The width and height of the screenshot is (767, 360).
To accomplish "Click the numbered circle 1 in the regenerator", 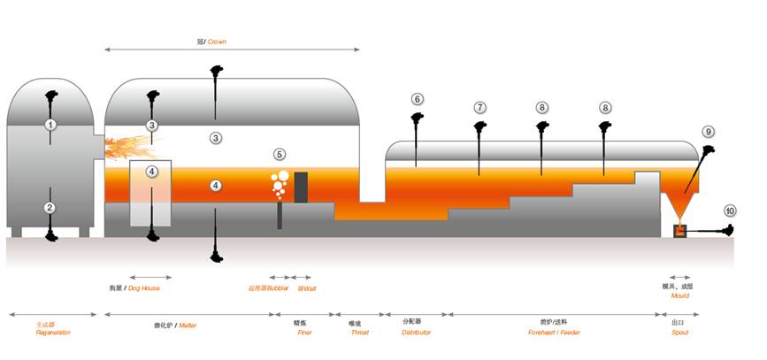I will (50, 125).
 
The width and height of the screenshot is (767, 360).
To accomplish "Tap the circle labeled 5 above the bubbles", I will (280, 154).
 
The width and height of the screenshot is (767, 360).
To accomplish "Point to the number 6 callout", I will (417, 99).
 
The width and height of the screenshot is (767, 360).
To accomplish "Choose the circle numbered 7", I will (479, 107).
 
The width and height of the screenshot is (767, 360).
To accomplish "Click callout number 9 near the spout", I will (708, 131).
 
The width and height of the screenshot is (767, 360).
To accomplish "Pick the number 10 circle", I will (730, 211).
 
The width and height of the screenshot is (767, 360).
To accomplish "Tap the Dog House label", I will (149, 287).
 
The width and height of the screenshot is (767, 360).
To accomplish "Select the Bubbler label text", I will (267, 287).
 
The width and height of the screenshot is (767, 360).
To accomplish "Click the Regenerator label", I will (53, 333).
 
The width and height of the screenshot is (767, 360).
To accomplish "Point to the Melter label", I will (188, 326).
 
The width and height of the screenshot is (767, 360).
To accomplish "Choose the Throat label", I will (359, 333).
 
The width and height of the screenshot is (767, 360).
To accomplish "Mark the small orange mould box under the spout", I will (679, 232).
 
